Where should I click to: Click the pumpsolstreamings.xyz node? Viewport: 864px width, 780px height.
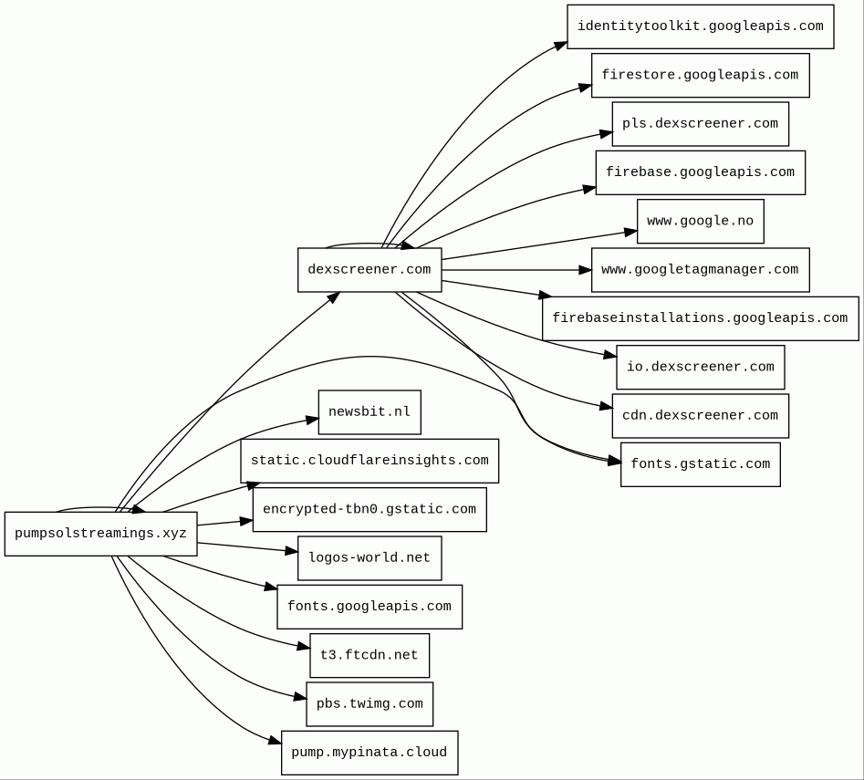coord(101,534)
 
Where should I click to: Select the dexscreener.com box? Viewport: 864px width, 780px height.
coord(370,270)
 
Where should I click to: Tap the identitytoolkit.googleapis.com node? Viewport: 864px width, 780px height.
coord(701,27)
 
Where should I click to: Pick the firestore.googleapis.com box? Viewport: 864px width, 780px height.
coord(701,76)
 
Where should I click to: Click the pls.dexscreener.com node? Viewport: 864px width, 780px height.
coord(701,124)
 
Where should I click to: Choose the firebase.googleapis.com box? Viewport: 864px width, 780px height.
coord(701,173)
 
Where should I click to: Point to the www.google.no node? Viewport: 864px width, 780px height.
coord(701,222)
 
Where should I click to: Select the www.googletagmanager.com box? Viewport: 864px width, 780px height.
coord(701,270)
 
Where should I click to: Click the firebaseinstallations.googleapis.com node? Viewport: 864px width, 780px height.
coord(701,319)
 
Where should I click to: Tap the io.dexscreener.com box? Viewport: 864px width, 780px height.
coord(701,368)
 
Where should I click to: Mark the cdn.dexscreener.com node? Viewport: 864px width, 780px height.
coord(701,416)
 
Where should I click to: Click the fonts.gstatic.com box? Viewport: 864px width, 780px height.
coord(701,464)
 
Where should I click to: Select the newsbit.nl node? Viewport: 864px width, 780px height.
coord(370,412)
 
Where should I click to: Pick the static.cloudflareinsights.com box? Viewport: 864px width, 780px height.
coord(370,461)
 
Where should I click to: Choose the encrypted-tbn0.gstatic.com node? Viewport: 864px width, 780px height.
coord(370,510)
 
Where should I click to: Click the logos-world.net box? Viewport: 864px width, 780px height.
coord(370,558)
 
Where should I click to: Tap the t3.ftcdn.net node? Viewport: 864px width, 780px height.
coord(370,656)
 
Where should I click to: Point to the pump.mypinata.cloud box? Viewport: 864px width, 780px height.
coord(370,753)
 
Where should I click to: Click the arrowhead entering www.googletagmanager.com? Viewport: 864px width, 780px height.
coord(585,270)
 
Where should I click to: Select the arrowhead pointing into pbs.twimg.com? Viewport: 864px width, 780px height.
coord(300,697)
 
